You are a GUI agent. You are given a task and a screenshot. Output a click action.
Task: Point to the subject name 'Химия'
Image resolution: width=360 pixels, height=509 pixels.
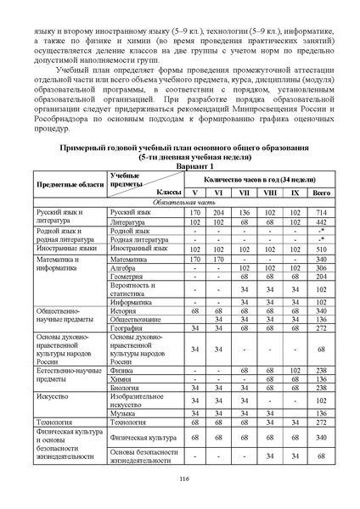tap(122, 379)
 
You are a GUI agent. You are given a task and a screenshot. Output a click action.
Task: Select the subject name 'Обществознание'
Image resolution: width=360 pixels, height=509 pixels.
tap(138, 319)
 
